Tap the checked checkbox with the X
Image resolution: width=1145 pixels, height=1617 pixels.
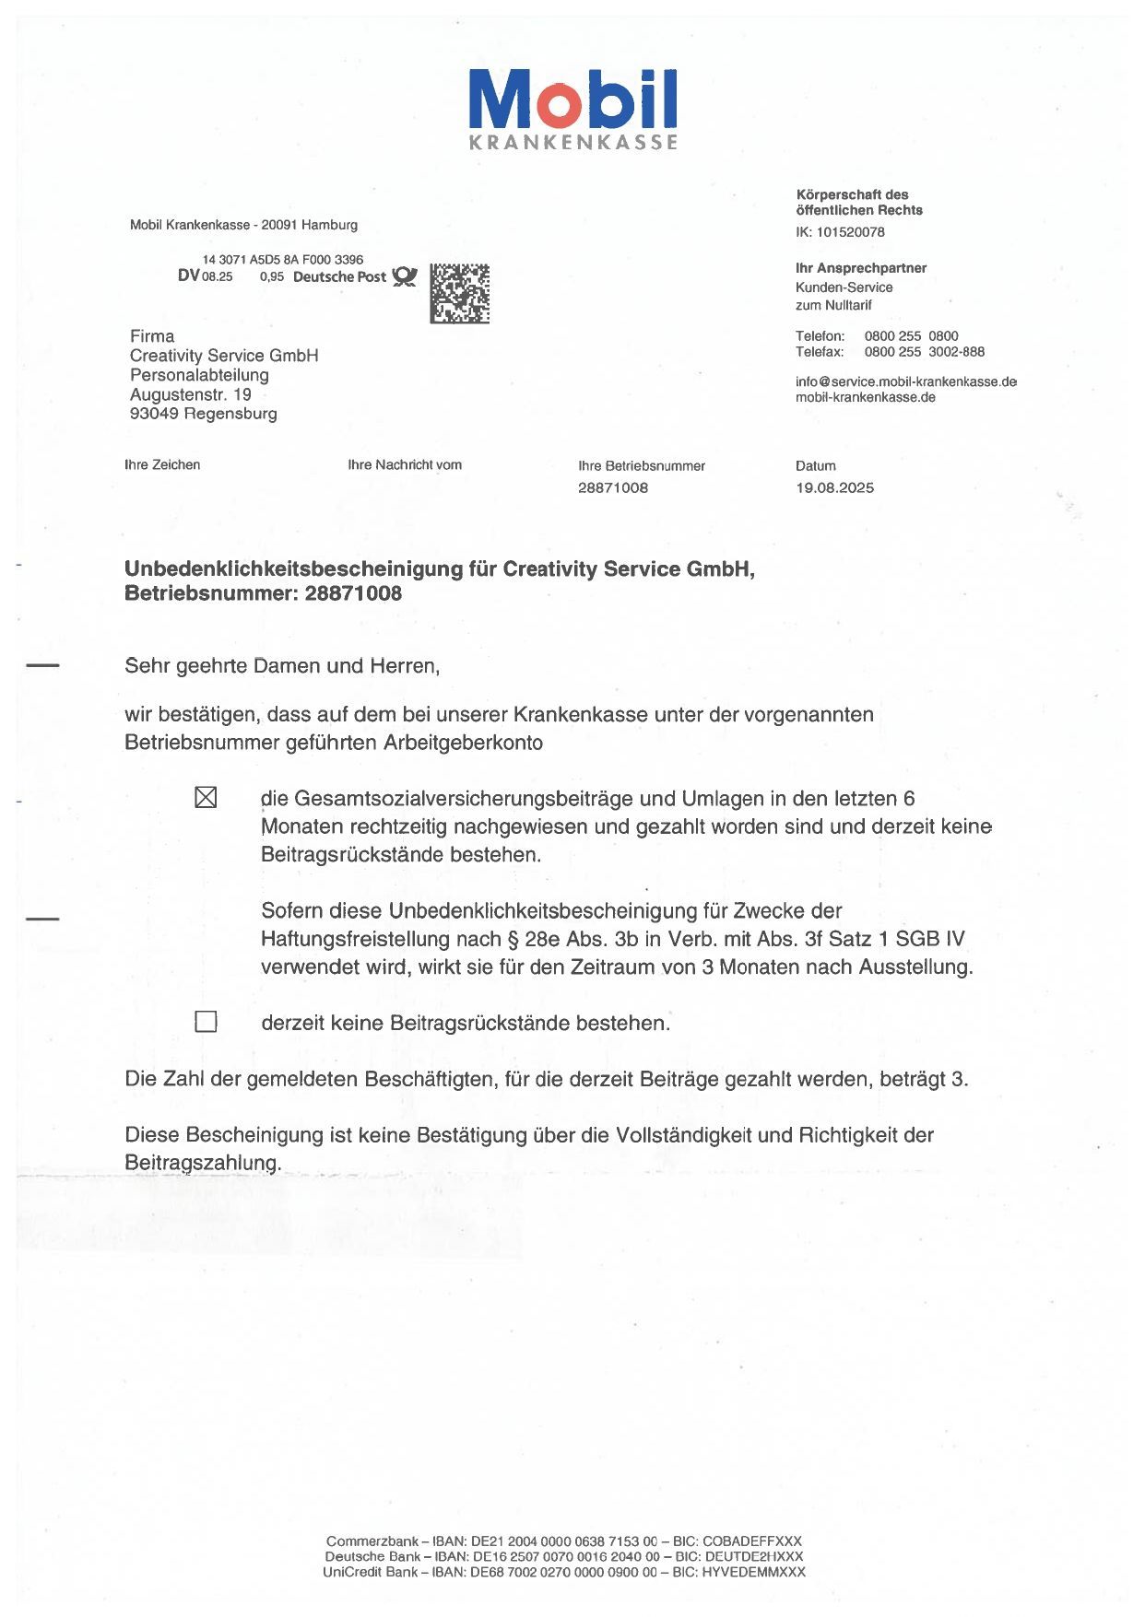click(x=207, y=797)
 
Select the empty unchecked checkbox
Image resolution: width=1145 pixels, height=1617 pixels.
click(x=207, y=1022)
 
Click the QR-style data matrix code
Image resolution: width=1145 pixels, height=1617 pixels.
click(x=459, y=293)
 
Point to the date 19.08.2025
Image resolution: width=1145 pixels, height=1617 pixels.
click(x=834, y=487)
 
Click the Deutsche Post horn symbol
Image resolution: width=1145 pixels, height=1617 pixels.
click(x=405, y=276)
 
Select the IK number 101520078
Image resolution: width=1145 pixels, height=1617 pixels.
click(x=850, y=232)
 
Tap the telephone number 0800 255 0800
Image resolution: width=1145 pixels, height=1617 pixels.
click(x=911, y=336)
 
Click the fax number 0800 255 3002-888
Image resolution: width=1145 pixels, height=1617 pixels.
click(x=924, y=352)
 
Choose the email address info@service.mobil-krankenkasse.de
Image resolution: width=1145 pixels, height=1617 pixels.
click(x=905, y=381)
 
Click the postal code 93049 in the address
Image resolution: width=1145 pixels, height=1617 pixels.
click(x=154, y=414)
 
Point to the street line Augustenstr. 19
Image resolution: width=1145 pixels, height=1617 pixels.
click(x=191, y=394)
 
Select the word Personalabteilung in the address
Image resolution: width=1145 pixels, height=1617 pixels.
click(x=199, y=375)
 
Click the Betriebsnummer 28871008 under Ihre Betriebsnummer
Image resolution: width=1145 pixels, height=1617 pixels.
click(x=613, y=487)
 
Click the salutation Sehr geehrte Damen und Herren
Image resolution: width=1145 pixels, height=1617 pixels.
click(x=282, y=665)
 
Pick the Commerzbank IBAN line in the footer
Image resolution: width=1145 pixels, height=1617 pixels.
click(x=563, y=1541)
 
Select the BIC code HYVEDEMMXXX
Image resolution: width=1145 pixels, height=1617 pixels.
click(x=752, y=1572)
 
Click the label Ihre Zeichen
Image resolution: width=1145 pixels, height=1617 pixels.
click(x=162, y=464)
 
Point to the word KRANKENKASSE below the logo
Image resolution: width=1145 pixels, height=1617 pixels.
click(x=572, y=142)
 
